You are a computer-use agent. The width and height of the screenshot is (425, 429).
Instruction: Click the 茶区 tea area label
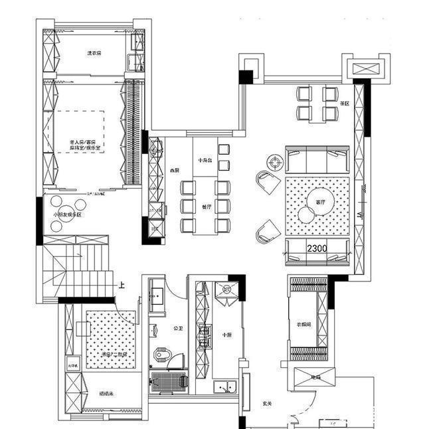click(x=345, y=104)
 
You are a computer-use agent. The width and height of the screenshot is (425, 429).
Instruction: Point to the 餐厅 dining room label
click(x=206, y=207)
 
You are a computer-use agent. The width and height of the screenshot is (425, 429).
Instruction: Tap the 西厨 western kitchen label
click(x=175, y=170)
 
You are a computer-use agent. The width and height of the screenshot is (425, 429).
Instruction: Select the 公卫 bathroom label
click(x=177, y=328)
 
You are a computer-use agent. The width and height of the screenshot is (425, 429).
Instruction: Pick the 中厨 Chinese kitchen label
click(x=226, y=335)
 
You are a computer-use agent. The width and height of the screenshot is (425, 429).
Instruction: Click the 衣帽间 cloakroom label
click(x=304, y=324)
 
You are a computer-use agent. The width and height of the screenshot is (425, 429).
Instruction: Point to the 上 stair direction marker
click(x=122, y=286)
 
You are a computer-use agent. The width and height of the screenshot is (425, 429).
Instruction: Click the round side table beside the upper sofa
click(x=275, y=161)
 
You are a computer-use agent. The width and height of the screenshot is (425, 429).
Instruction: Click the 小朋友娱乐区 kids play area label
click(x=66, y=215)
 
